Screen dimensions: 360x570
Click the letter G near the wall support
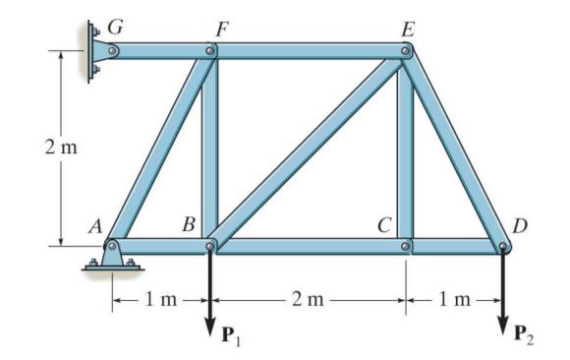click(115, 27)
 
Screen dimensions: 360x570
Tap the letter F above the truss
click(222, 27)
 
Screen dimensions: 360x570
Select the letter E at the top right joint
click(406, 27)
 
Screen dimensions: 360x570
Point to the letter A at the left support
click(94, 225)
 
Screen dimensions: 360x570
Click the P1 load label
click(229, 340)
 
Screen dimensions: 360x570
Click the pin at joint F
click(210, 48)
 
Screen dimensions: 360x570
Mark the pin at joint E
click(406, 48)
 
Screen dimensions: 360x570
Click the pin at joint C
click(406, 245)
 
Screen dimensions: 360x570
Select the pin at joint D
click(502, 246)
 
